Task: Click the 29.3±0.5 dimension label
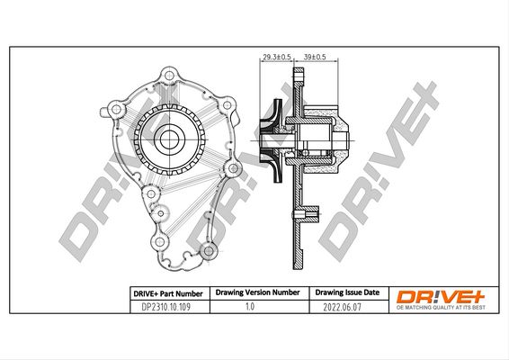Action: (x=277, y=57)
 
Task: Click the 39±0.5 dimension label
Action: (x=315, y=57)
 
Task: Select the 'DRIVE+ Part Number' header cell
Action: (x=168, y=293)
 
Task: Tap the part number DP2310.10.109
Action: (x=165, y=307)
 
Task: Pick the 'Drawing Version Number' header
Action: (x=258, y=292)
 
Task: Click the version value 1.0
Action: (x=250, y=306)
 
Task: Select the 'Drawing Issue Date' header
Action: (x=347, y=292)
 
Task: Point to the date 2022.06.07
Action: (x=342, y=307)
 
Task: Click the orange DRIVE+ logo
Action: (x=440, y=297)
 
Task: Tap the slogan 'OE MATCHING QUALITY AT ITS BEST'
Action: (x=441, y=308)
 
